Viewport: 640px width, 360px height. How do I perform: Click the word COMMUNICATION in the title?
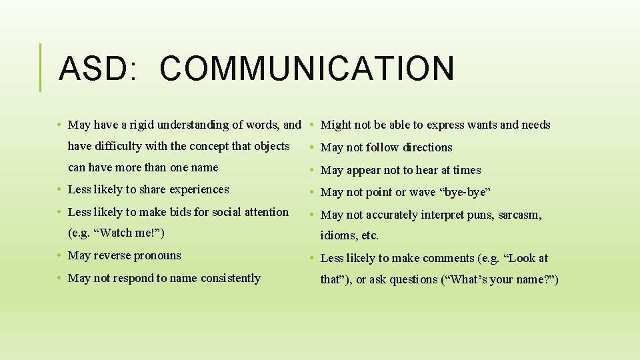point(307,69)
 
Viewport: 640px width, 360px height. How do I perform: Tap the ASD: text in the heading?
point(98,69)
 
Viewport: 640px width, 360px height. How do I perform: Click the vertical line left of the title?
point(41,67)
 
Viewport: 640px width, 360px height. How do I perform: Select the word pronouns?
point(157,255)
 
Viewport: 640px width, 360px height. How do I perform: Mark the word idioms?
point(337,235)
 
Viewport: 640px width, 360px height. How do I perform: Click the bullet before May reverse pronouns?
point(60,256)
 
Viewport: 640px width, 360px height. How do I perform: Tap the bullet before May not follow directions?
point(313,148)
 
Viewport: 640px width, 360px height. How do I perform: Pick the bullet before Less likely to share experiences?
point(60,190)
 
